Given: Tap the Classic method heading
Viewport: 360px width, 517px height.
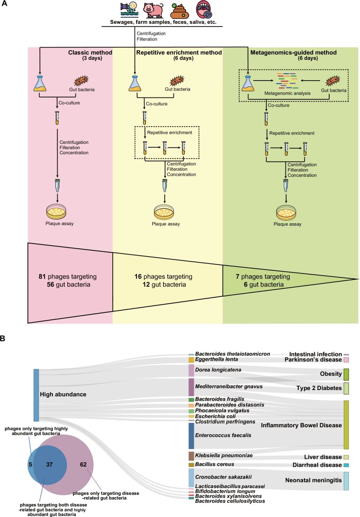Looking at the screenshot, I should pos(90,53).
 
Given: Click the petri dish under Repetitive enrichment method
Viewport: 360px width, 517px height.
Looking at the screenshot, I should pos(165,213).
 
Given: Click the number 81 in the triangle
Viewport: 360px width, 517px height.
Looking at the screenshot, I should pos(43,276).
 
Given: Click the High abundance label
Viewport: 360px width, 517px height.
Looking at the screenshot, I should pos(62,394).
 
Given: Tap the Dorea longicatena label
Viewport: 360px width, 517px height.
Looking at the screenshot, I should pos(218,370).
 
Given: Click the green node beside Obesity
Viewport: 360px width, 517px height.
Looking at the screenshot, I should pos(346,374).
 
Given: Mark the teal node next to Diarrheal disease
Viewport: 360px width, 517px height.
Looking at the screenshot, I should pos(346,465).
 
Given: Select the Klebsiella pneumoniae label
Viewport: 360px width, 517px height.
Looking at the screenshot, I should pos(224,455).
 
